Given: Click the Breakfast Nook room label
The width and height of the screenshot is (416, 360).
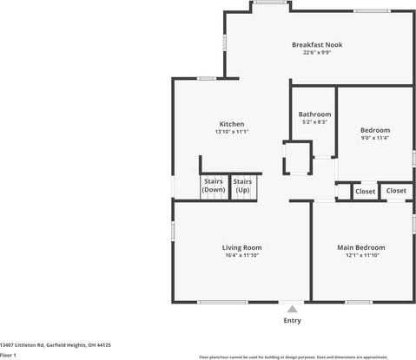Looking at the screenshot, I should click(x=316, y=44).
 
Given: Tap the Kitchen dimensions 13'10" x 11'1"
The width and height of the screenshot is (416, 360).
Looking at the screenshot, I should click(x=231, y=132).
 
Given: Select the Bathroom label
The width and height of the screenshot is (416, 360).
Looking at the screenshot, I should click(x=314, y=115).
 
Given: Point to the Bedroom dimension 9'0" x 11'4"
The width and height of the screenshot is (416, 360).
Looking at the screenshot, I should click(x=375, y=138).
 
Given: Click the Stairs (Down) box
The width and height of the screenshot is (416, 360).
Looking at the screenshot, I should click(x=213, y=185).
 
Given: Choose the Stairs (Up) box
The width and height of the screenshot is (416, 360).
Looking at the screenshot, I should click(x=242, y=185).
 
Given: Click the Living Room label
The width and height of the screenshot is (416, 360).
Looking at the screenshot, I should click(x=241, y=247).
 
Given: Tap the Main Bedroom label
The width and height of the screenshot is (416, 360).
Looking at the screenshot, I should click(x=360, y=247).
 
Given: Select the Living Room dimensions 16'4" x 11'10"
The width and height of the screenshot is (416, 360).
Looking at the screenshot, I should click(x=241, y=255).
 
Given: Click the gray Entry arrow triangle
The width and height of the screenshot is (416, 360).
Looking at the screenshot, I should click(x=292, y=309).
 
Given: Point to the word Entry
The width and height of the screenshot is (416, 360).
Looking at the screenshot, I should click(x=292, y=320).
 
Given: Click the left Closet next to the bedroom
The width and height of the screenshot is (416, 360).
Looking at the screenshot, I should click(x=365, y=191).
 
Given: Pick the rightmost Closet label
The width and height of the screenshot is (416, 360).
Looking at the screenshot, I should click(x=395, y=190).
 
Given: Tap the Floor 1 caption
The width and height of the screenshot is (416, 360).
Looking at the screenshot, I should click(x=9, y=355).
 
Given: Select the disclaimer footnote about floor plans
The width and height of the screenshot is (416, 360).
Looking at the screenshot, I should click(x=305, y=357).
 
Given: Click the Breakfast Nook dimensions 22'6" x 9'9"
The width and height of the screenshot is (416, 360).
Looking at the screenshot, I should click(x=316, y=52).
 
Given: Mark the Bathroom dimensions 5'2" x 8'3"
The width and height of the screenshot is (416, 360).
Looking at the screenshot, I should click(x=314, y=122).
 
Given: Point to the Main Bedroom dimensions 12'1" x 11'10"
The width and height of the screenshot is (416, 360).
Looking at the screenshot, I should click(x=360, y=255).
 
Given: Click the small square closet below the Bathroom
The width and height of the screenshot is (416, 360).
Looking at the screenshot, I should click(x=298, y=160).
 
